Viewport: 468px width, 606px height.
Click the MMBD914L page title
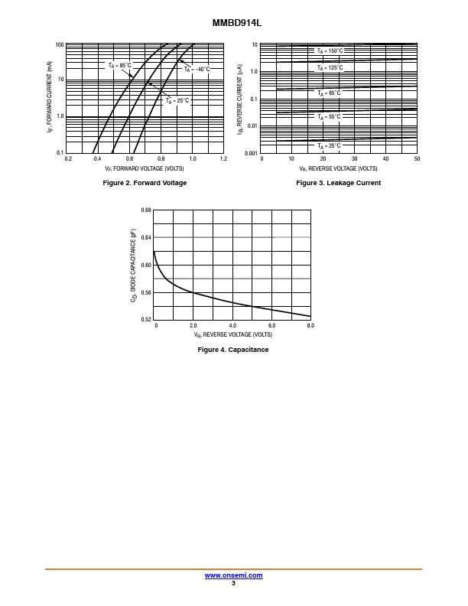(x=237, y=23)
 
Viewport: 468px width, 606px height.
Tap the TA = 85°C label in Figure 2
(x=120, y=66)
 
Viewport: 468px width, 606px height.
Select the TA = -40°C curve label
(x=197, y=70)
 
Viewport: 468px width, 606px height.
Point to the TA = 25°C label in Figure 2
(x=177, y=101)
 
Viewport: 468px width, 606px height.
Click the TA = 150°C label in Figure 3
(x=330, y=51)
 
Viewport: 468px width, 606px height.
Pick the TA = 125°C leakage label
(x=330, y=68)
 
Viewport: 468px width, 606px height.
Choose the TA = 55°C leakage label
(x=329, y=117)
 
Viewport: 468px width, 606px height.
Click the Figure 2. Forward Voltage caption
(x=145, y=183)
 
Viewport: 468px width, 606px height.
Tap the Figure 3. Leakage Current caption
(x=338, y=183)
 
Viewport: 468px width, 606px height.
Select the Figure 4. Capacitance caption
(x=233, y=350)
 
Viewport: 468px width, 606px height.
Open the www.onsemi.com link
(x=233, y=575)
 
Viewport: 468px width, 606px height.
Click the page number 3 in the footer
(x=233, y=583)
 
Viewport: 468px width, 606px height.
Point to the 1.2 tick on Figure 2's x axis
(x=223, y=158)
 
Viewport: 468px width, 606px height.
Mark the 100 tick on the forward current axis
(x=60, y=45)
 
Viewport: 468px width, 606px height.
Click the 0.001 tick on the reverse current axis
(x=251, y=154)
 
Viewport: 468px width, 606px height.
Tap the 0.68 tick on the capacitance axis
(x=146, y=210)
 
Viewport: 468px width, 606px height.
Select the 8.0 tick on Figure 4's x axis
(x=310, y=325)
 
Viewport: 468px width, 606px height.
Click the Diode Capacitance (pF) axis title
(x=133, y=265)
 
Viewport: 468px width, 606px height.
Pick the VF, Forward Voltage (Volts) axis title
(x=145, y=168)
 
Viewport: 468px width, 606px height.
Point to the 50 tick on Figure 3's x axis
(x=417, y=158)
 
